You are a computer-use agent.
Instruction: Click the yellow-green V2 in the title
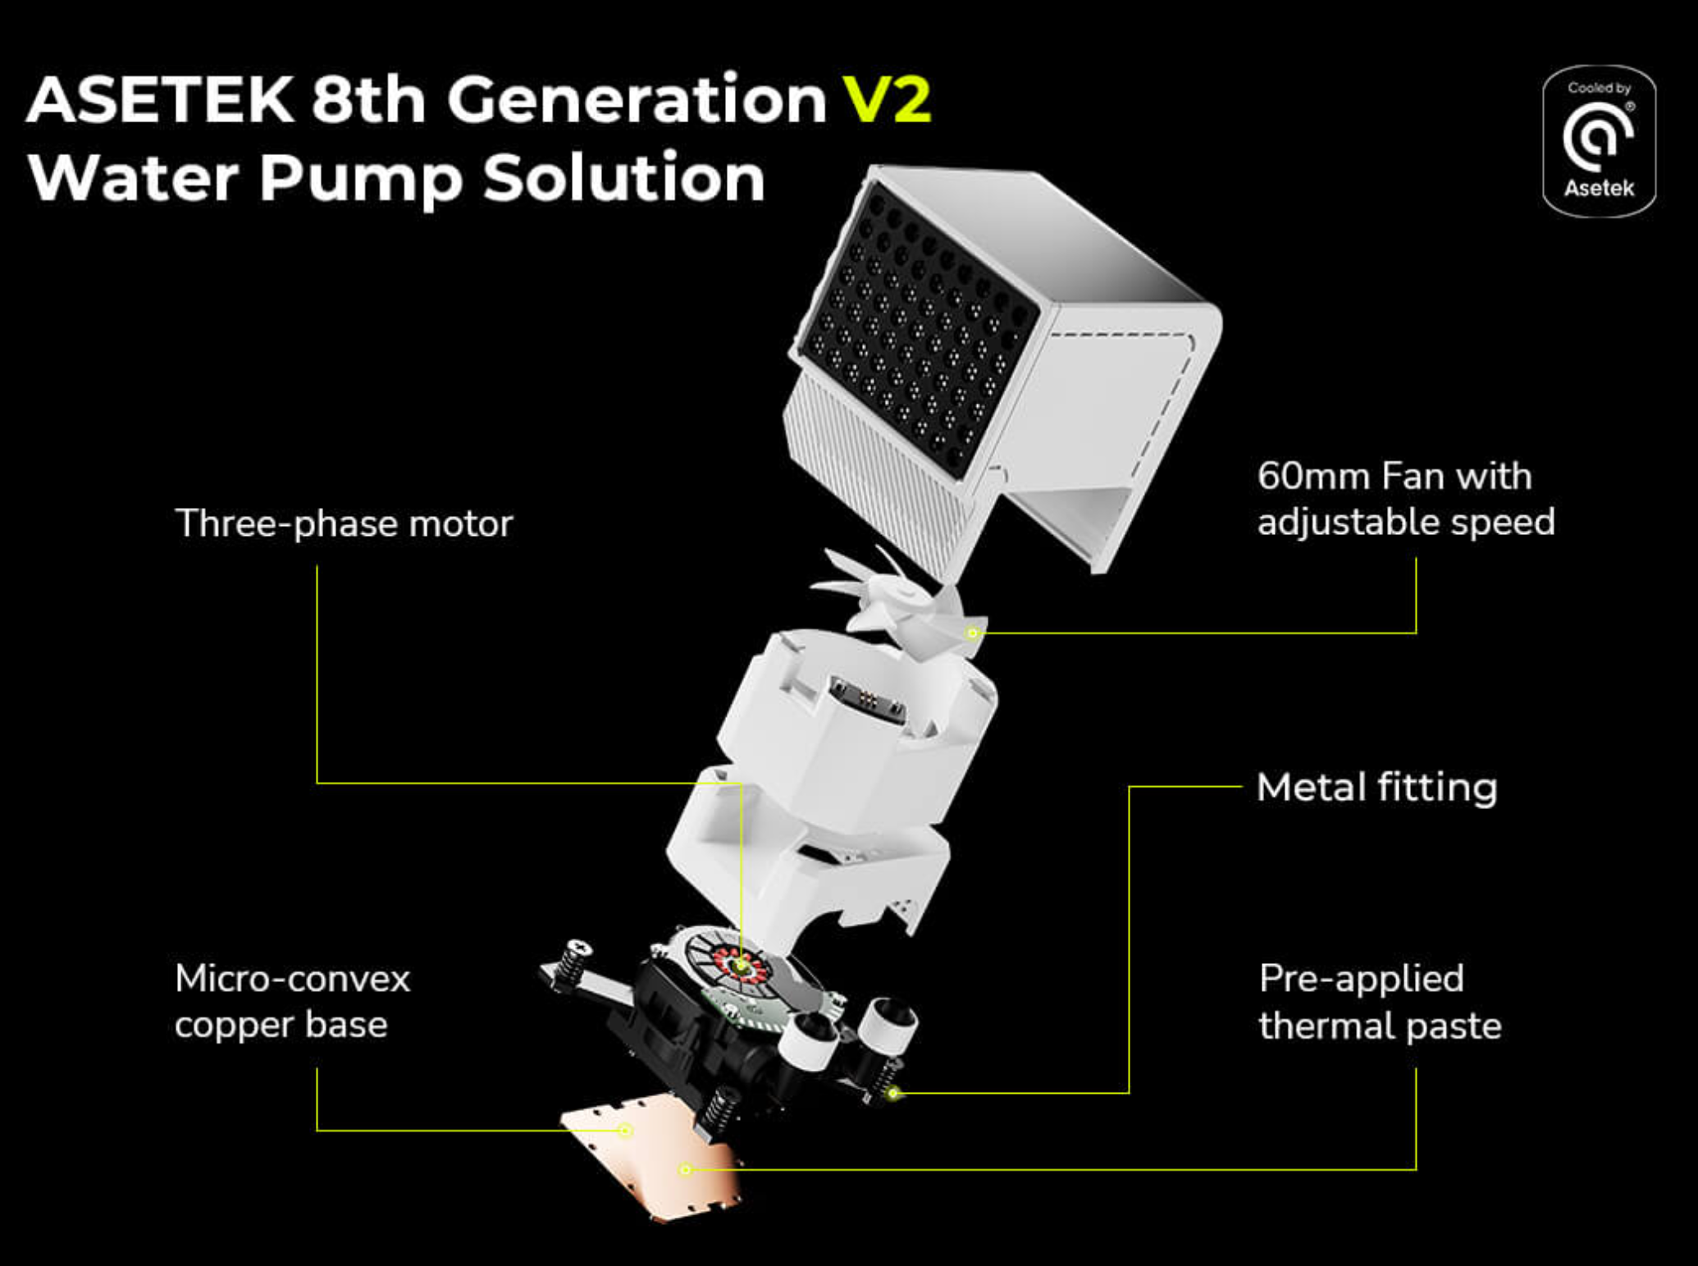tap(888, 99)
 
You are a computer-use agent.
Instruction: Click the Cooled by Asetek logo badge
tap(1599, 141)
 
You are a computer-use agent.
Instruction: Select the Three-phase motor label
tap(344, 523)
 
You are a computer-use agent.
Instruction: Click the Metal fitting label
tap(1377, 787)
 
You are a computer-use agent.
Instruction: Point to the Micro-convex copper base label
tap(292, 1001)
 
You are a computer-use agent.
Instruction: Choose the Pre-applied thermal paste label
tap(1381, 1002)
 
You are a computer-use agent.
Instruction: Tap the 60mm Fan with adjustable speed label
tap(1406, 499)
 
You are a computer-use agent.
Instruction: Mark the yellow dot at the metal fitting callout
tap(894, 1093)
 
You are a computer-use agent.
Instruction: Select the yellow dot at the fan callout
tap(972, 633)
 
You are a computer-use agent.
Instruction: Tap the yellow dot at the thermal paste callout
tap(686, 1169)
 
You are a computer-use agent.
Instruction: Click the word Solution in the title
tap(623, 178)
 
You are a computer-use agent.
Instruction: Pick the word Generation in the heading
tap(637, 99)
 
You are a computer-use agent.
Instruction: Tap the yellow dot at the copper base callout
tap(625, 1131)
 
